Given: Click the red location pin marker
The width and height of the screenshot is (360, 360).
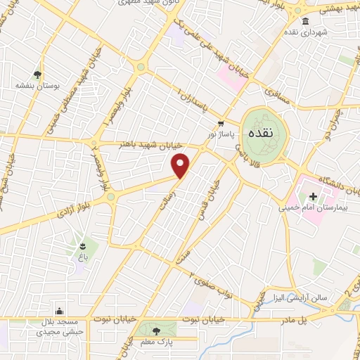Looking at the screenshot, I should click(x=181, y=166).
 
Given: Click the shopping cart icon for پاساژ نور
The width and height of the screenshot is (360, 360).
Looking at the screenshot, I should click(x=221, y=122).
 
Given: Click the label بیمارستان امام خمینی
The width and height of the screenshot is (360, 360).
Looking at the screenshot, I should click(x=309, y=207).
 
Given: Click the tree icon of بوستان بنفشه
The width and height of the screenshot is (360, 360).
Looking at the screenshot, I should click(x=37, y=75).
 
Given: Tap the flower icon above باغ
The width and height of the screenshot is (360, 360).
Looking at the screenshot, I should click(x=84, y=245).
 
